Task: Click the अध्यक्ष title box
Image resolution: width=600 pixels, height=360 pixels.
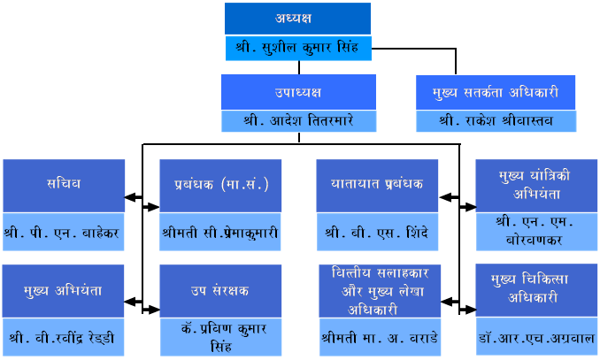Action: (297, 19)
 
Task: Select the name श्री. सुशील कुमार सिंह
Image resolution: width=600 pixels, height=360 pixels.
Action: (297, 48)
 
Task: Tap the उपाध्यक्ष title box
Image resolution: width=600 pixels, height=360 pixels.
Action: (298, 92)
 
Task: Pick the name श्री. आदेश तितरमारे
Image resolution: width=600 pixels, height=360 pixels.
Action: (298, 120)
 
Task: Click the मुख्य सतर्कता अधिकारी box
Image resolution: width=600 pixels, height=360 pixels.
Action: (496, 93)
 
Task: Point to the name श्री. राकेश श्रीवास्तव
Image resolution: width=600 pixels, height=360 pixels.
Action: (496, 120)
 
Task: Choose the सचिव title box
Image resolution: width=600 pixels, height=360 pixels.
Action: (64, 186)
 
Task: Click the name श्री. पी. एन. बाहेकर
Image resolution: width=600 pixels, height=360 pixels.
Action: (62, 233)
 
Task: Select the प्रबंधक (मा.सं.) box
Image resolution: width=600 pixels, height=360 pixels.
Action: (220, 186)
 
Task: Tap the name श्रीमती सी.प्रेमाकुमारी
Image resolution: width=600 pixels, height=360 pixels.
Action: (220, 233)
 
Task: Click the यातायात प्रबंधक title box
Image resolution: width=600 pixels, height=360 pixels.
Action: (377, 186)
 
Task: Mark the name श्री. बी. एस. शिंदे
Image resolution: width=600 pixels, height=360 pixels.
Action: (376, 233)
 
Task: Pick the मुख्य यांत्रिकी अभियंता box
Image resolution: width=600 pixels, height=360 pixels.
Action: (536, 186)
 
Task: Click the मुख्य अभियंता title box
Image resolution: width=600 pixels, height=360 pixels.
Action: (63, 291)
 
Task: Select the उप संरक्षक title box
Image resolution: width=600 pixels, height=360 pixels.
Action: (220, 291)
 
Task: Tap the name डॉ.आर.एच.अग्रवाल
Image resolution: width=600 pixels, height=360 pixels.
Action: (536, 338)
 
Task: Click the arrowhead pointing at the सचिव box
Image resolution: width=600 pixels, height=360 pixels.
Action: (130, 197)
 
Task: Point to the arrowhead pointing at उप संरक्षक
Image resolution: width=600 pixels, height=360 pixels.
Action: (154, 310)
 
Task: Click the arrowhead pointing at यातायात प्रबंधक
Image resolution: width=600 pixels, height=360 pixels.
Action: (444, 197)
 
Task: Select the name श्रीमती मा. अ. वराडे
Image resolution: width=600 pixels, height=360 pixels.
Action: (380, 338)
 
